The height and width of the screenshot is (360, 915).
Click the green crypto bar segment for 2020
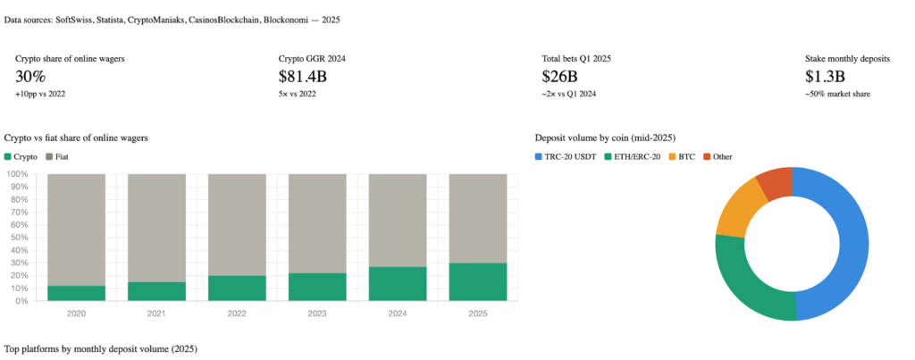(76, 293)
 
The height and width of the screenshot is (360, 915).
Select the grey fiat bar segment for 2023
(317, 223)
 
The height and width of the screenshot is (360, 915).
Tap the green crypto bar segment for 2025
(478, 281)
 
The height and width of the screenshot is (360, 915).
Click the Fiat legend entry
(56, 156)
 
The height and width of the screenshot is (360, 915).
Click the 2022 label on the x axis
(237, 314)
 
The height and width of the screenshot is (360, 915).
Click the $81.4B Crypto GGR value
(303, 77)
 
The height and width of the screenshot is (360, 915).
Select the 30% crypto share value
(30, 77)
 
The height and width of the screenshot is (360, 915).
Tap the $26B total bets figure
(559, 77)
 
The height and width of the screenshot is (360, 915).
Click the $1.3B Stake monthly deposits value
(825, 77)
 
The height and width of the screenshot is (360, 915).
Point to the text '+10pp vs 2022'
(40, 94)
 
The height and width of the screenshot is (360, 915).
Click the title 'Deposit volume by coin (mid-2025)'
(604, 138)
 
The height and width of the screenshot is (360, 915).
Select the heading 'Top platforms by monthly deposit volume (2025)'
(100, 348)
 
